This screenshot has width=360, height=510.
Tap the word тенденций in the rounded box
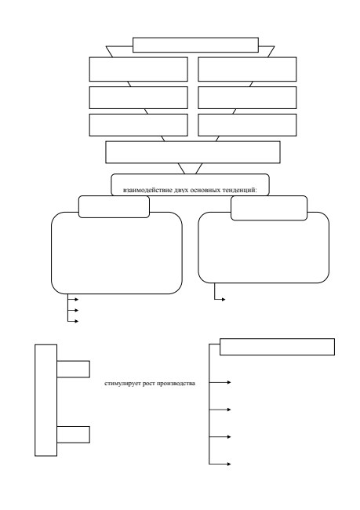tap(240, 191)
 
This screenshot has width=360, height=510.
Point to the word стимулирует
tap(118, 384)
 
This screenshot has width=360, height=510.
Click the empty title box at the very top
tap(195, 45)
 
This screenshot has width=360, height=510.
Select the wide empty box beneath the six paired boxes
tap(193, 152)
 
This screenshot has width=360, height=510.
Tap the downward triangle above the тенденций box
tap(191, 169)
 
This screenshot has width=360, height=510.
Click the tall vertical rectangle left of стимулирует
tap(45, 400)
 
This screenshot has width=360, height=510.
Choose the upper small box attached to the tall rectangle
tap(73, 370)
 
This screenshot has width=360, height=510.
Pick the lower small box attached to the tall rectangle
tap(73, 435)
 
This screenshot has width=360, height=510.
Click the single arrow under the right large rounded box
tap(220, 299)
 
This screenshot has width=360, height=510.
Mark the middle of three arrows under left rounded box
tap(73, 310)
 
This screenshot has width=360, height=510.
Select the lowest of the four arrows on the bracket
tap(220, 464)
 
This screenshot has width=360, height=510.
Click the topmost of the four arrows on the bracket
tap(220, 382)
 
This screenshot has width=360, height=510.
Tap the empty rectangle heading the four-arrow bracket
tap(277, 347)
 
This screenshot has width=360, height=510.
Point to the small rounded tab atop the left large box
tap(115, 206)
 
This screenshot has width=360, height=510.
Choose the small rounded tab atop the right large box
tap(269, 208)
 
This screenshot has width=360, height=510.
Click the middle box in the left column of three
tap(139, 97)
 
